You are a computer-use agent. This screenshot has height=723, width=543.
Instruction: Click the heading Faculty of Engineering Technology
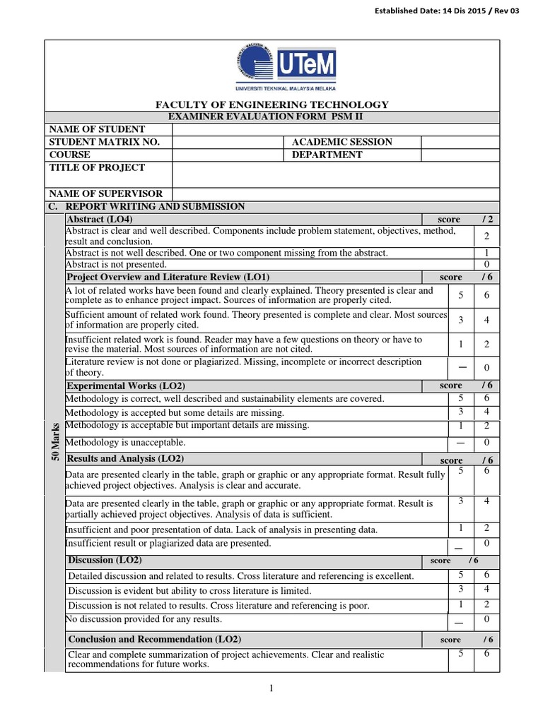(272, 104)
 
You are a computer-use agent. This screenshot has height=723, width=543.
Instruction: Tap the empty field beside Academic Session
(460, 142)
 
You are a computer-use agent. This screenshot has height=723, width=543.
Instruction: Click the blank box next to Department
(460, 155)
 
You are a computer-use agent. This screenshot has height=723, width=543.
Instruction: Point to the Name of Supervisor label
(106, 193)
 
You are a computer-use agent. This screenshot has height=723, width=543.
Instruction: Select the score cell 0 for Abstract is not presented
(486, 264)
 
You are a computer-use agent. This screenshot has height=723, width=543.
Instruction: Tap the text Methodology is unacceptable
(125, 443)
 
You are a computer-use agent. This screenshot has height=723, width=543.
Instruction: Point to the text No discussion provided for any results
(144, 619)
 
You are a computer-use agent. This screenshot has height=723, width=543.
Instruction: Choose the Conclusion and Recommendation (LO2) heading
(154, 639)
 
